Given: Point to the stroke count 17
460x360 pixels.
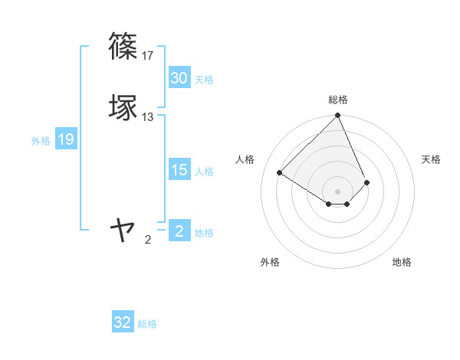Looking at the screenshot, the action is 149,56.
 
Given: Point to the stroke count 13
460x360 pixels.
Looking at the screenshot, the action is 149,117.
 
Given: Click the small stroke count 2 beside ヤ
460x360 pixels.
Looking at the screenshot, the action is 148,240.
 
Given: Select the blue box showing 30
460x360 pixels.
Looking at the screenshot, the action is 179,78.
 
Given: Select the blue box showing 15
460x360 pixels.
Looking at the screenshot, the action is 179,170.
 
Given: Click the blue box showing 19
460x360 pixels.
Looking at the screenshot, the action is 66,139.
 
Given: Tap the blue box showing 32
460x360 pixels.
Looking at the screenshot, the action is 123,322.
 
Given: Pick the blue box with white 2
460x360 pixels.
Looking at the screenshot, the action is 179,231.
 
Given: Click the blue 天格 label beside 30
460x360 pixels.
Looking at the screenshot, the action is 204,80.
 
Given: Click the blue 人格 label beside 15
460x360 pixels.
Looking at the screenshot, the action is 204,172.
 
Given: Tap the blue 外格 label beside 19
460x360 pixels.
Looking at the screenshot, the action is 41,141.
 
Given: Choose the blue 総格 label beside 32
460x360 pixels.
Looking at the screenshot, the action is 147,324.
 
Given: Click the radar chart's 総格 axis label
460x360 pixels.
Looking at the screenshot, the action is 338,100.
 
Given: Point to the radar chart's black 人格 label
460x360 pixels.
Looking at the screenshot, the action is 245,159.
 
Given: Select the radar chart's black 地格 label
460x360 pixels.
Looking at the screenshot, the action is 402,262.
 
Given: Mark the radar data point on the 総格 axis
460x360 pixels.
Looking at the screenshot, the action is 338,116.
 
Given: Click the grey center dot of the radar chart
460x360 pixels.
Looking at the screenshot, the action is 338,191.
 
